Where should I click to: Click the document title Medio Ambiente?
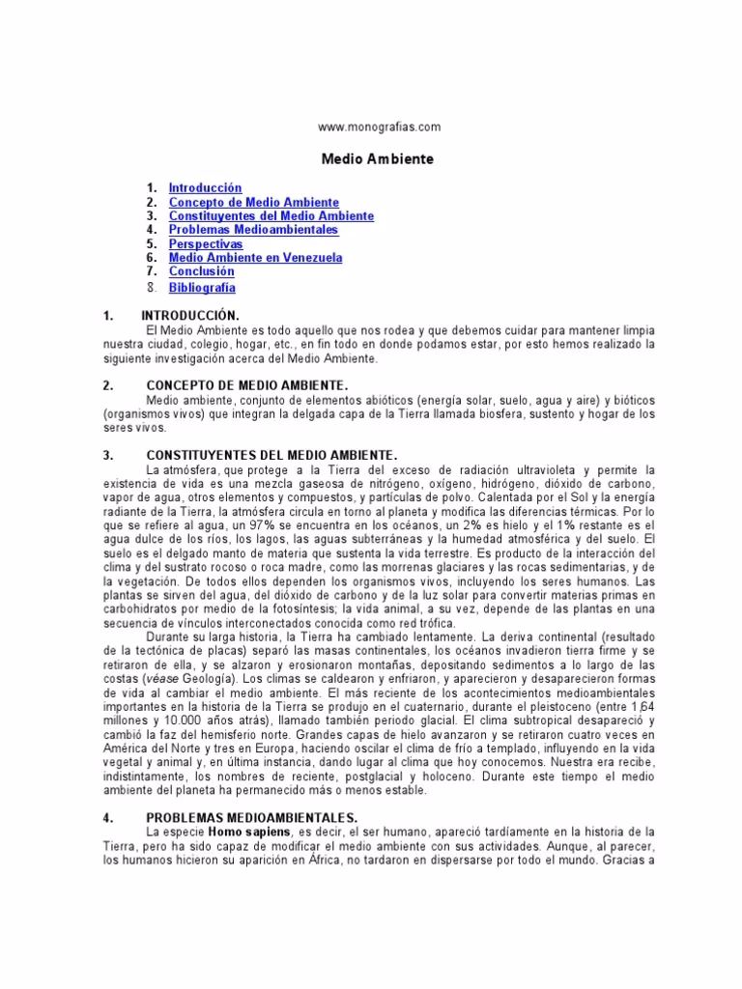377,156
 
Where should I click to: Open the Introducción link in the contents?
205,188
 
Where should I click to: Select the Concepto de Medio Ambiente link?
254,203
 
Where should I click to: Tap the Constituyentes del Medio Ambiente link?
271,216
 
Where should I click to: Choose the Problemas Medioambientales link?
254,231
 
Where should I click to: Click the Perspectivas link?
206,244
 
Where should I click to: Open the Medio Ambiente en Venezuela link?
255,259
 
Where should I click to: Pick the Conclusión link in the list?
202,272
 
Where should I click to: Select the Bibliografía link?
202,288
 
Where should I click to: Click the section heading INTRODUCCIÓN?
190,316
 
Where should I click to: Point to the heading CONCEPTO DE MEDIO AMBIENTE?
246,385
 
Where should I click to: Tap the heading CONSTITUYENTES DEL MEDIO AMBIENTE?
271,455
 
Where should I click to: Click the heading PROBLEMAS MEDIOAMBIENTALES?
252,817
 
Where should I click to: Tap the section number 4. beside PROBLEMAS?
108,817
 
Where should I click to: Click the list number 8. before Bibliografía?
152,288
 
